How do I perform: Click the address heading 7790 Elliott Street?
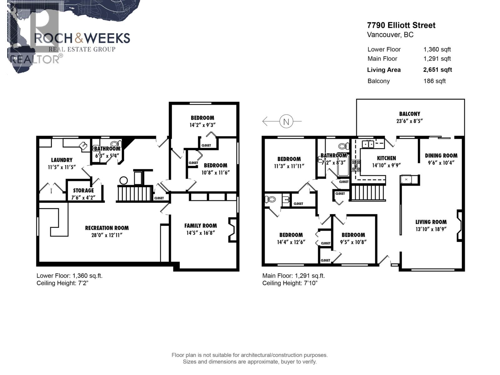point(401,25)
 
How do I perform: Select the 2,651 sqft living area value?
point(437,70)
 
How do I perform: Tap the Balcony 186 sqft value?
point(434,81)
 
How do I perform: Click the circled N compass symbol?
point(286,121)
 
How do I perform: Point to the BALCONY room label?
point(409,114)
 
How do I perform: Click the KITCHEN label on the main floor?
point(386,158)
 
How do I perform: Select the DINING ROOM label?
point(441,155)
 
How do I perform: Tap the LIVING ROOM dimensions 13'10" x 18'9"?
point(431,229)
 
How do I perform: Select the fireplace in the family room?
point(232,230)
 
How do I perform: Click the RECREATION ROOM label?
point(107,228)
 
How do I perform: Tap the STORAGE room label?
point(83,190)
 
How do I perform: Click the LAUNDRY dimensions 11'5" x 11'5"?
point(62,167)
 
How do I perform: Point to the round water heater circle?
point(124,180)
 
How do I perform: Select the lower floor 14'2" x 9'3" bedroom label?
point(202,118)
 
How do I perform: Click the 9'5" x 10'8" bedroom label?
point(353,235)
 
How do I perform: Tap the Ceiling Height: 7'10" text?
point(290,283)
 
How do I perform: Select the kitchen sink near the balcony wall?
point(368,144)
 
